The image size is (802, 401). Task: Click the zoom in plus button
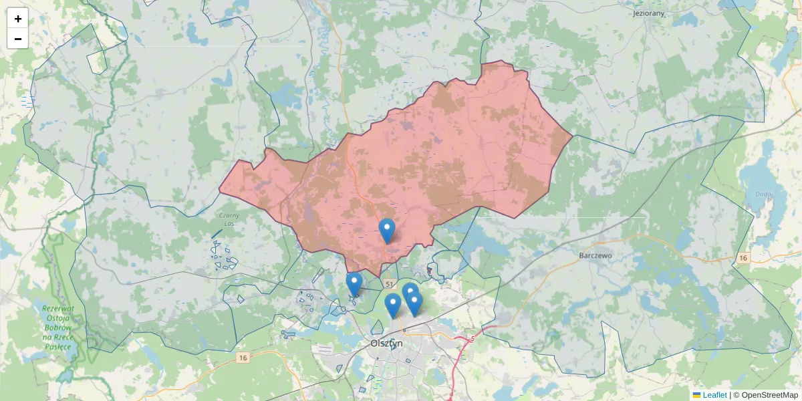tap(18, 19)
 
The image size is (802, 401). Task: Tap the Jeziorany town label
tap(648, 13)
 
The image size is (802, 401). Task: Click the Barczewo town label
tap(597, 255)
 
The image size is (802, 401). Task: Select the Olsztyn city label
tap(386, 343)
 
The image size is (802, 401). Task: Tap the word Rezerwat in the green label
tap(58, 309)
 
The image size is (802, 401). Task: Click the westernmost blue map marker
tap(354, 283)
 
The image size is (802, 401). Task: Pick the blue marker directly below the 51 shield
tap(393, 305)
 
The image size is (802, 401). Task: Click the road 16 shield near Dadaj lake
tap(743, 258)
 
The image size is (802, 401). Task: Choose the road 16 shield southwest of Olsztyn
tap(242, 358)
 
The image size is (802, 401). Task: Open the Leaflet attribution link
tap(714, 395)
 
